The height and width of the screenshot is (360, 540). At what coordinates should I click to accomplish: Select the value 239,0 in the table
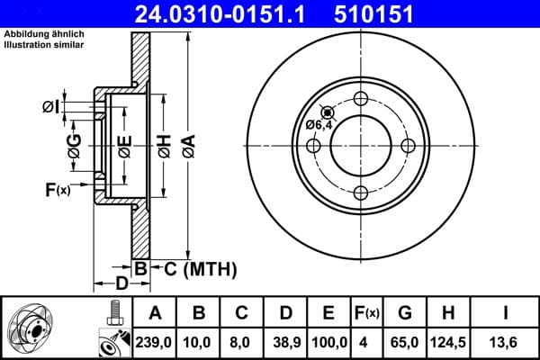(x=155, y=343)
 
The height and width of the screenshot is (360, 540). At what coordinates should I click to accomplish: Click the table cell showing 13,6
(x=507, y=343)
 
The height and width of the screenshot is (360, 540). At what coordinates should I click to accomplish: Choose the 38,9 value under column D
(x=285, y=343)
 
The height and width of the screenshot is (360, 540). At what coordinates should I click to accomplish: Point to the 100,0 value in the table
(x=328, y=343)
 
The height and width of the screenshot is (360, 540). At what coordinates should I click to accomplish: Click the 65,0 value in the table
(x=405, y=343)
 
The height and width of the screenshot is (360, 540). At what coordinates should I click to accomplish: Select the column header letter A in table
(x=155, y=314)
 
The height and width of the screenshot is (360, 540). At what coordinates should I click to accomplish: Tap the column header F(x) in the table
(x=368, y=314)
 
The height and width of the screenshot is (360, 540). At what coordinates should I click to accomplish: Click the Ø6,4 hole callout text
(x=319, y=125)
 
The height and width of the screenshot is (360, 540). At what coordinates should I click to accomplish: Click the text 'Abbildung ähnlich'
(x=39, y=35)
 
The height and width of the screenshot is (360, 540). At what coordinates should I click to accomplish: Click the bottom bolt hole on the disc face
(x=361, y=192)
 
